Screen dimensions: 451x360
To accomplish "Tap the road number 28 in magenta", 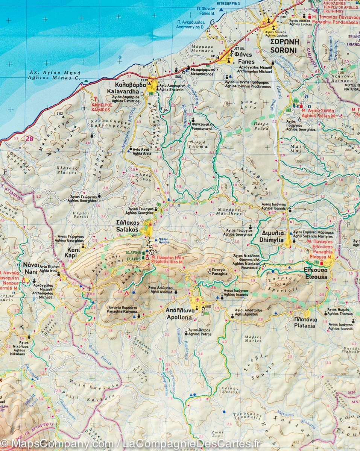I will pos(29,139).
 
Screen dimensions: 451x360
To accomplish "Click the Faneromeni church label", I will pos(202,128).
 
